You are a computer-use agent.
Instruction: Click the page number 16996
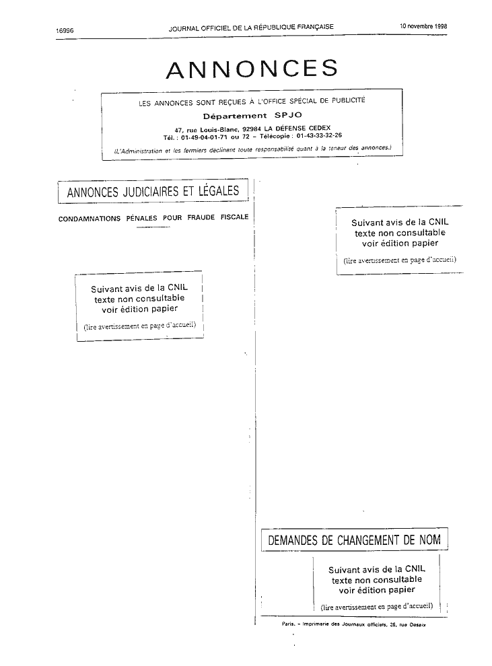65,30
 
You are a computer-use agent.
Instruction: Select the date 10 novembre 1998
423,26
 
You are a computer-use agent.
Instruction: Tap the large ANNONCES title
252,69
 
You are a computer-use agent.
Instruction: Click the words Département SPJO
252,116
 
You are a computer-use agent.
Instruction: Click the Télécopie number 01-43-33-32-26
319,135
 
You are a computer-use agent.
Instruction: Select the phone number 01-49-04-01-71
204,137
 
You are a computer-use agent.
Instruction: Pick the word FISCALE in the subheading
234,217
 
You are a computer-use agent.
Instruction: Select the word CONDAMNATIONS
90,219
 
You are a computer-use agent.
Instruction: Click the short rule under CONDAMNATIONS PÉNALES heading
153,227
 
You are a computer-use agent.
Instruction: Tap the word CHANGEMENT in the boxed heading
369,540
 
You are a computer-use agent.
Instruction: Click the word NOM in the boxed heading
430,540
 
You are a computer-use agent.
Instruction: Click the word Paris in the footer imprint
288,624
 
